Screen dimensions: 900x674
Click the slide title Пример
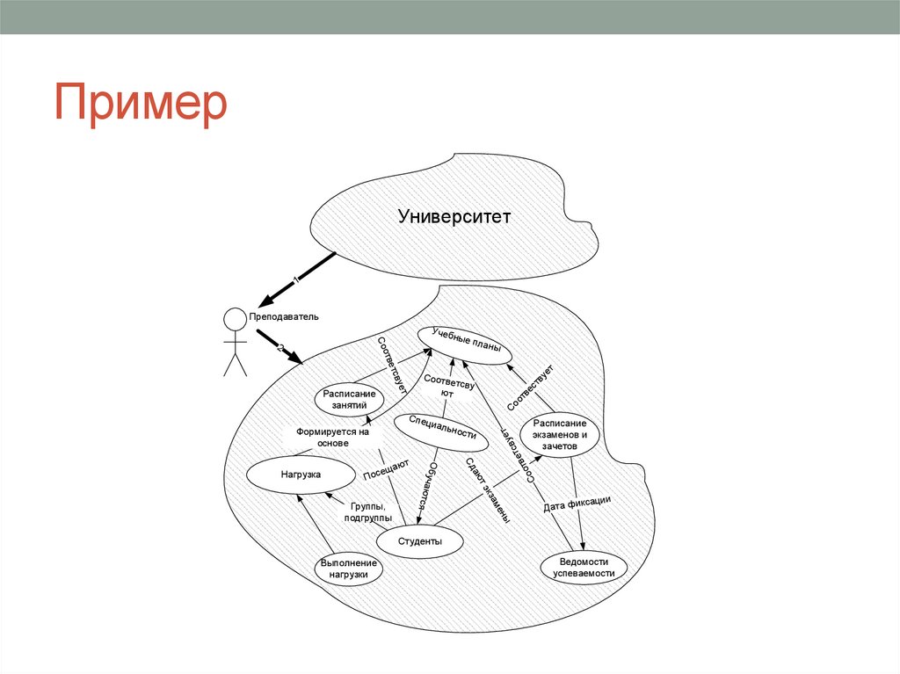(x=142, y=103)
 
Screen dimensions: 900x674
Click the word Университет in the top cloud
(x=454, y=216)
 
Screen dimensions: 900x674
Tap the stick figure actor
(x=235, y=342)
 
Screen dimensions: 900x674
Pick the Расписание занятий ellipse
(x=350, y=400)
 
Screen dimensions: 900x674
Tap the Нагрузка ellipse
(x=300, y=475)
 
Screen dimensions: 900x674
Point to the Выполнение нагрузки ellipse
(x=349, y=569)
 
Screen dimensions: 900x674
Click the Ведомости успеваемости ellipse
(x=584, y=567)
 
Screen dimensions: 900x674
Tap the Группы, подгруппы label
(x=368, y=512)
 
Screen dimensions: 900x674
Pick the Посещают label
(x=386, y=470)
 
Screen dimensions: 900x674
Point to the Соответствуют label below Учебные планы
(x=448, y=388)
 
